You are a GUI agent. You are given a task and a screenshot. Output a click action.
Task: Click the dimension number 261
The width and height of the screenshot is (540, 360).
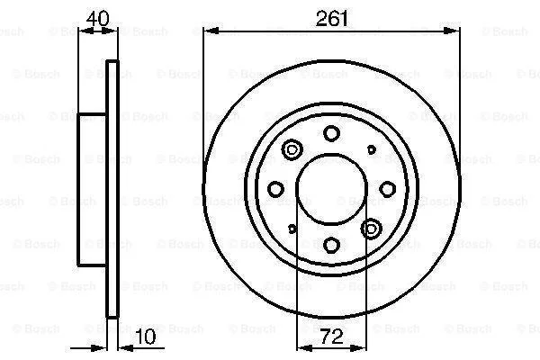pyautogui.click(x=332, y=19)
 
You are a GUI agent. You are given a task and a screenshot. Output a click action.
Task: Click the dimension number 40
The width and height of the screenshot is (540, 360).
pyautogui.click(x=98, y=18)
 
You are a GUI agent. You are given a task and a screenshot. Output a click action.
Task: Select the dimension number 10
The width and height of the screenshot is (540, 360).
pyautogui.click(x=145, y=337)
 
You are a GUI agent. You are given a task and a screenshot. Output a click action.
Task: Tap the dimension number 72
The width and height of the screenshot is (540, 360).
pyautogui.click(x=332, y=337)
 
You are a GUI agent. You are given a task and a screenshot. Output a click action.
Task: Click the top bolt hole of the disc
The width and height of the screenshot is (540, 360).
pyautogui.click(x=331, y=133)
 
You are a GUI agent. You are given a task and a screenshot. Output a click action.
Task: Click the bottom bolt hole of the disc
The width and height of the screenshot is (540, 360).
pyautogui.click(x=331, y=245)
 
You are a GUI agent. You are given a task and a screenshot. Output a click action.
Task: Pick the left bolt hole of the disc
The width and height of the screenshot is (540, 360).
pyautogui.click(x=275, y=189)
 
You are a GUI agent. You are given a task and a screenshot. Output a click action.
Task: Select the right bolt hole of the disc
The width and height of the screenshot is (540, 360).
pyautogui.click(x=387, y=189)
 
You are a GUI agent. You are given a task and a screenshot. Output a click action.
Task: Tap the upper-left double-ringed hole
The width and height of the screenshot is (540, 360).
pyautogui.click(x=292, y=149)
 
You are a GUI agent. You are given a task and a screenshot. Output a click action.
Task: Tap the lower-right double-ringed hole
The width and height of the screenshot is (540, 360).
pyautogui.click(x=371, y=229)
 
